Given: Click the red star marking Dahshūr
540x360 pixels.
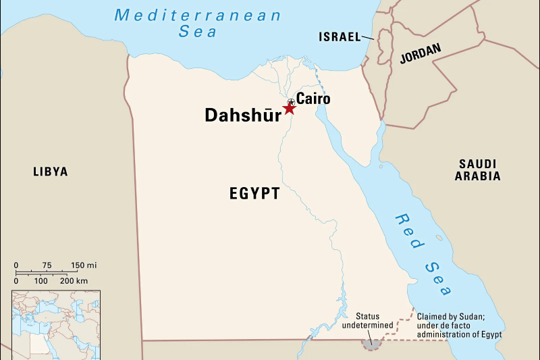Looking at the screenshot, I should [289, 108].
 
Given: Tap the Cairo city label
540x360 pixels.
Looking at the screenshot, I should [313, 99].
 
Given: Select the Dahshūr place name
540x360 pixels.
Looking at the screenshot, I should [243, 115].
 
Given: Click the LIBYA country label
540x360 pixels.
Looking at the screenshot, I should [51, 172].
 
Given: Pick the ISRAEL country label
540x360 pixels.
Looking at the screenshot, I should [340, 36].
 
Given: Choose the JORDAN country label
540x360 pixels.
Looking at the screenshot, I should [420, 53].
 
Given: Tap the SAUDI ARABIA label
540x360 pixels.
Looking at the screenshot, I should [477, 170].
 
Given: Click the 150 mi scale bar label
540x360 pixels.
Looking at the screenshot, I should [84, 265].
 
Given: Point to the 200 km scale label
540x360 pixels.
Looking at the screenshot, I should [73, 280].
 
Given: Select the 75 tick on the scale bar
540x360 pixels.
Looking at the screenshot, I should [47, 265].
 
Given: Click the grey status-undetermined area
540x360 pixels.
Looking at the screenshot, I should [371, 344].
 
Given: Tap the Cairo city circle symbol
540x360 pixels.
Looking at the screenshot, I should [291, 101].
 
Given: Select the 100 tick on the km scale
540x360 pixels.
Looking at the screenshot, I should [41, 280].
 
